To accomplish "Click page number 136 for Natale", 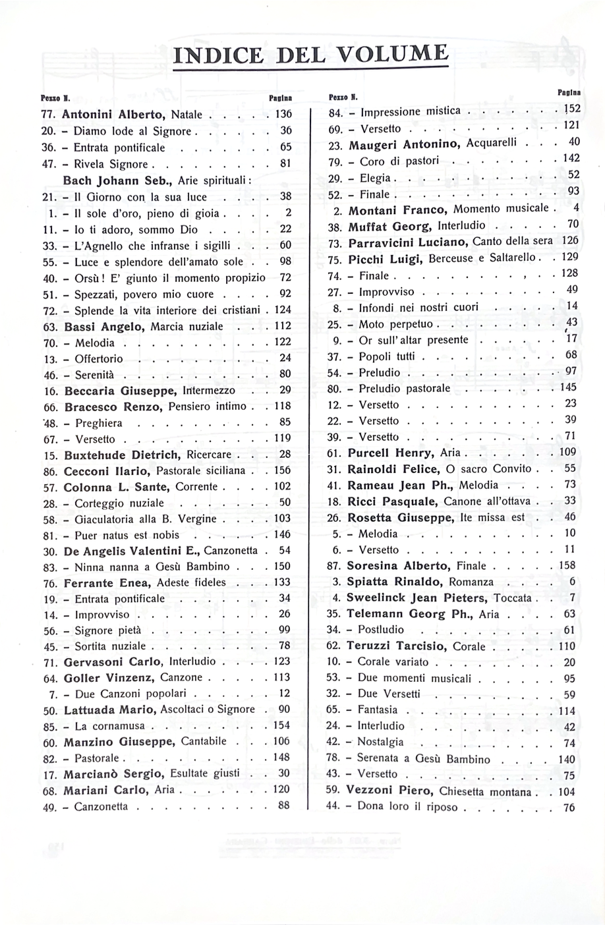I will click(x=283, y=114).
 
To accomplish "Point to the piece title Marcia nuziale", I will click(x=188, y=326).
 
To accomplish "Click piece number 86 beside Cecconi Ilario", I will click(x=52, y=471).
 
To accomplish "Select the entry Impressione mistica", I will click(x=409, y=111).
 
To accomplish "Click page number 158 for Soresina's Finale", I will click(x=567, y=565).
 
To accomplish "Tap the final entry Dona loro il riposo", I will click(x=409, y=807).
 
